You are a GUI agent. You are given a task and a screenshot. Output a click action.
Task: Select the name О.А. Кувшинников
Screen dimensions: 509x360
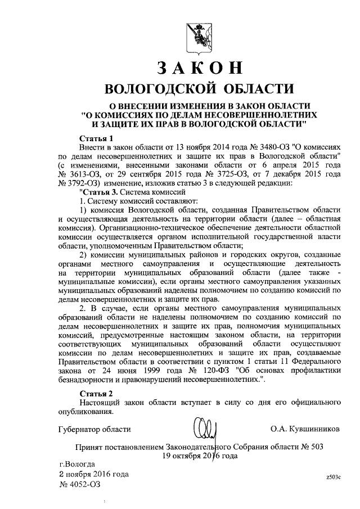(x=305, y=429)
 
